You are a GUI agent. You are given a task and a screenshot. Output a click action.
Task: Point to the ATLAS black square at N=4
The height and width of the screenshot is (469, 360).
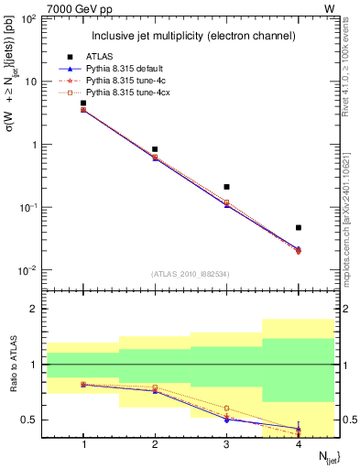299,227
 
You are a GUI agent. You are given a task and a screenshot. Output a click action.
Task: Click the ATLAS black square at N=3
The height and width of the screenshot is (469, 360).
226,187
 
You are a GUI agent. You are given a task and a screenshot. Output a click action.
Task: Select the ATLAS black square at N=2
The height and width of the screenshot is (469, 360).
155,148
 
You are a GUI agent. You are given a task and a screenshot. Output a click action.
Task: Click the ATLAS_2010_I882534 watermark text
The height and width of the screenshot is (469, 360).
191,273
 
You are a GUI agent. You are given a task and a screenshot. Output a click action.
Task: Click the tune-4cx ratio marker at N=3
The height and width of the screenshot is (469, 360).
226,409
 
